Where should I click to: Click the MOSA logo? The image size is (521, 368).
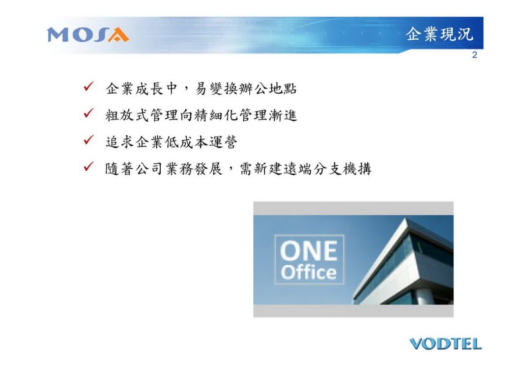tap(88, 35)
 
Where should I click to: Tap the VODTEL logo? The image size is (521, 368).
tap(446, 344)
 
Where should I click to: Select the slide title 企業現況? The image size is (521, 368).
tap(439, 34)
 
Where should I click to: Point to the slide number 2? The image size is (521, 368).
tap(475, 55)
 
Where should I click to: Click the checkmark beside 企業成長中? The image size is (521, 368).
tap(89, 87)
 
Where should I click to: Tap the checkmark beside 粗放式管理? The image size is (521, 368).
tap(89, 113)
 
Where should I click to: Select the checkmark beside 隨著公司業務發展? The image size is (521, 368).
tap(89, 166)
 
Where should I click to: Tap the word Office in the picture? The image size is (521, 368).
tap(309, 272)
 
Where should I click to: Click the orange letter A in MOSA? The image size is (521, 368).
tap(118, 35)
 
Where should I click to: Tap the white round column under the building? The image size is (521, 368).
tap(423, 297)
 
